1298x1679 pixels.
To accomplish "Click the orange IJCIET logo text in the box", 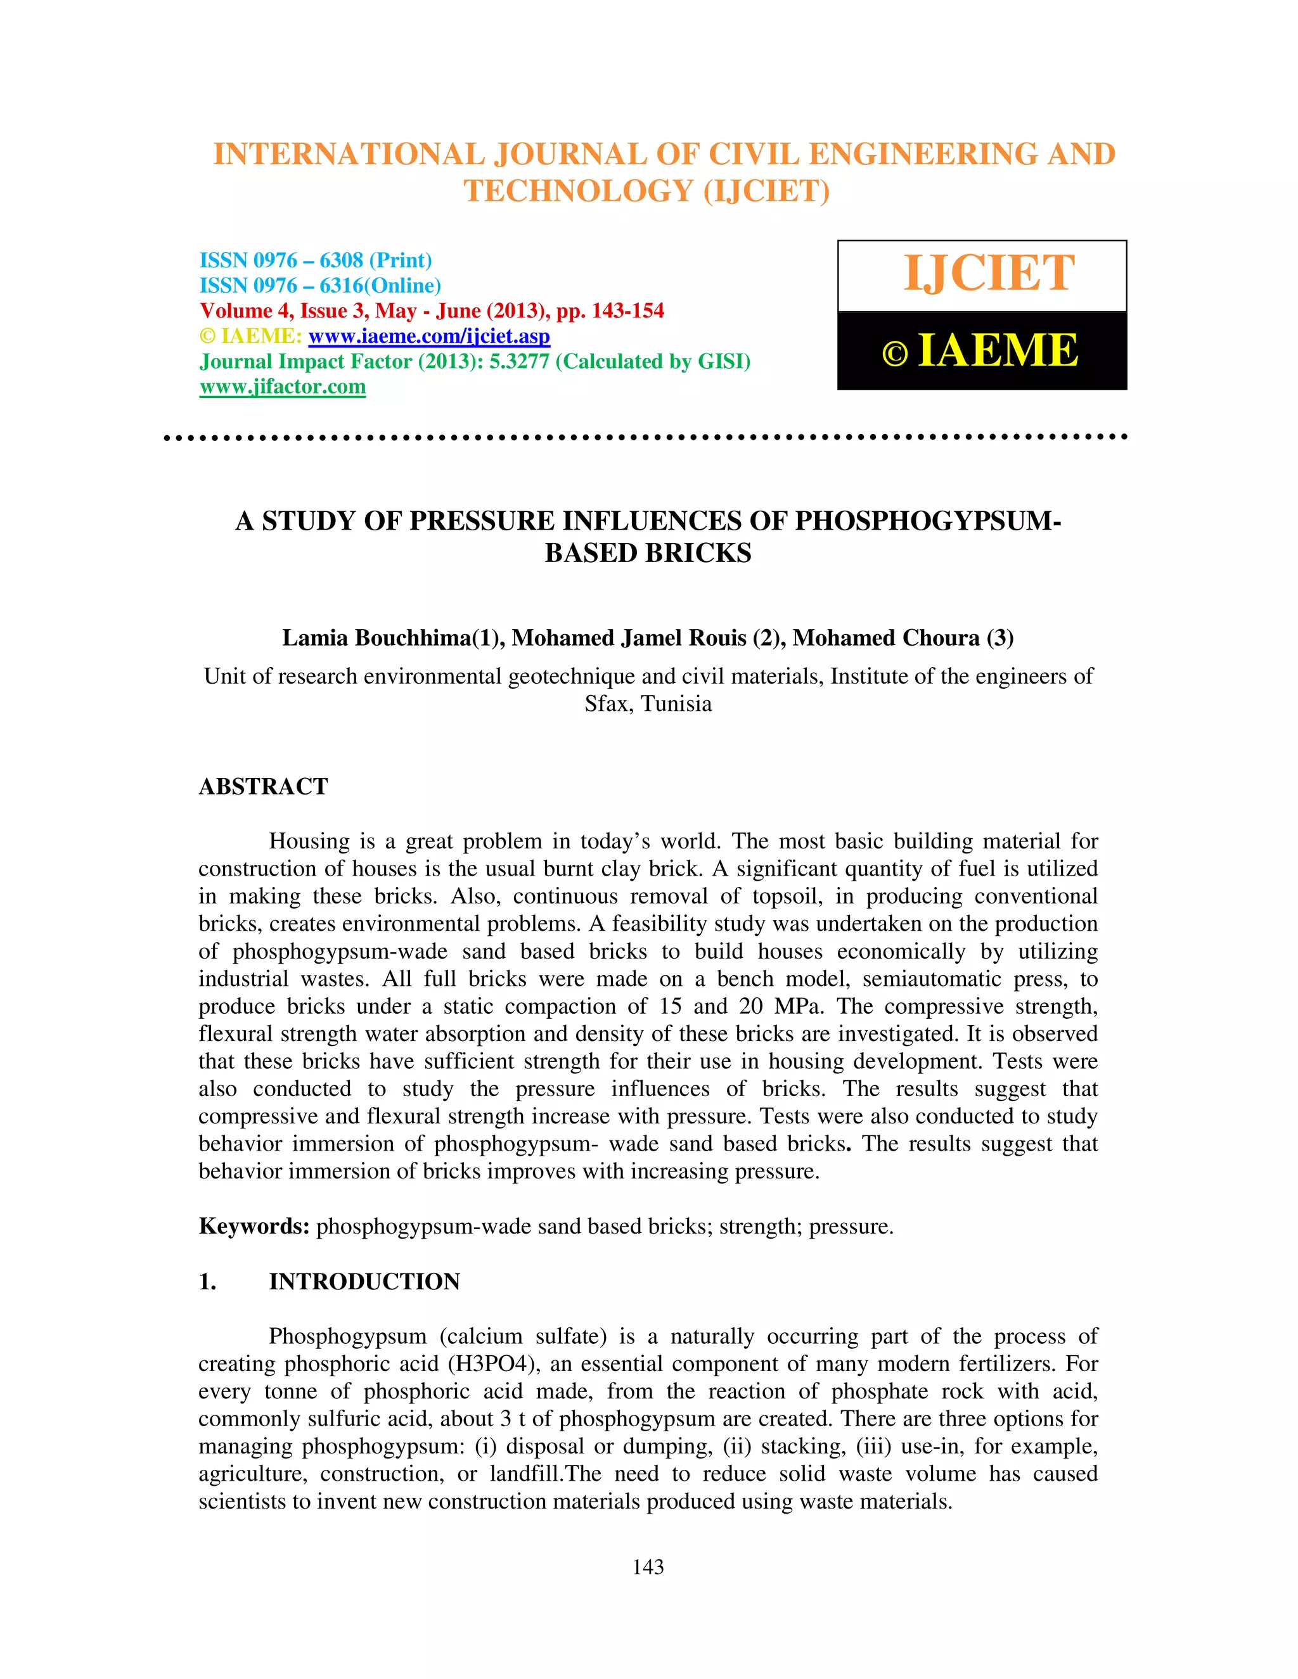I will click(x=988, y=274).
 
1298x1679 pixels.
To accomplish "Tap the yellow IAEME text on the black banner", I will click(x=998, y=352).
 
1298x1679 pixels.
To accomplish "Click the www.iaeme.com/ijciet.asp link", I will click(x=429, y=336).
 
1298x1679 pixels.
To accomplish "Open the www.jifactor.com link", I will click(x=282, y=386).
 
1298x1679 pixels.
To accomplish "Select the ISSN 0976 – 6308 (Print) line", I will click(x=315, y=260).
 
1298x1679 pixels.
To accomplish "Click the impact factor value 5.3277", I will click(x=519, y=361).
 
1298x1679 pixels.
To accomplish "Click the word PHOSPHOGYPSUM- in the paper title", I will click(x=927, y=521).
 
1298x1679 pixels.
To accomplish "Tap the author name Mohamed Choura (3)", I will click(x=903, y=638).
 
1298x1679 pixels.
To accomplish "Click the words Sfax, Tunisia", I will click(x=648, y=703).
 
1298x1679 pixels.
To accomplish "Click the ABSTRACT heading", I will click(x=263, y=786).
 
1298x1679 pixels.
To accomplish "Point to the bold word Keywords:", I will click(x=254, y=1226).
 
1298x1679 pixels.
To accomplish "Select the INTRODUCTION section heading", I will click(x=364, y=1282).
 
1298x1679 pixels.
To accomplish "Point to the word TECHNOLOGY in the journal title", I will click(x=578, y=191).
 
